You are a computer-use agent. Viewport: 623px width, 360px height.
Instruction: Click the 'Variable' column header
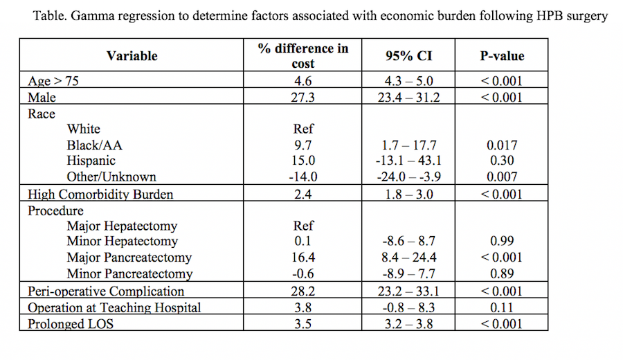[132, 56]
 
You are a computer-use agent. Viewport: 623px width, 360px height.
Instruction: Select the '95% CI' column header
[408, 56]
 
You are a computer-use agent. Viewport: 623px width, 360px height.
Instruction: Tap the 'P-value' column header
[502, 56]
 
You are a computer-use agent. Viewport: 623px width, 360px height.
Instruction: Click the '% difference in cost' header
[303, 56]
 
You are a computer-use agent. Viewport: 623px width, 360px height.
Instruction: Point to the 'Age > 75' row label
[53, 81]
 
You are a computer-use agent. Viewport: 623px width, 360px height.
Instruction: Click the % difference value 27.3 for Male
[303, 98]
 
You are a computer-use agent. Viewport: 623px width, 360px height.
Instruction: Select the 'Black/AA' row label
[95, 145]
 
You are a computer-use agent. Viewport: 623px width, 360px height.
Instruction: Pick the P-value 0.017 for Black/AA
[502, 145]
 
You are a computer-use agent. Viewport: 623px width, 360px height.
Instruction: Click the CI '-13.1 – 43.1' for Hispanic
[408, 161]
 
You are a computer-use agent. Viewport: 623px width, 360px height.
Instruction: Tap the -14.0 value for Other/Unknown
[303, 177]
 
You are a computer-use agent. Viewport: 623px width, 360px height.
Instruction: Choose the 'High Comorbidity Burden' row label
[100, 195]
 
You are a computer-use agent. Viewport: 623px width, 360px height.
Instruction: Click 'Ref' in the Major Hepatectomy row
[303, 226]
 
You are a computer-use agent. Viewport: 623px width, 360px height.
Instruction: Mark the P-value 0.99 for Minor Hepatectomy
[502, 241]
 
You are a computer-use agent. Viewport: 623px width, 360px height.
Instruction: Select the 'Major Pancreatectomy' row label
[129, 258]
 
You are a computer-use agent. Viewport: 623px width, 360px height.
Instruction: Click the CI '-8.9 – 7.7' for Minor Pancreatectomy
[408, 273]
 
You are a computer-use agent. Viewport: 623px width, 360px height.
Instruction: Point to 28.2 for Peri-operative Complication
[303, 291]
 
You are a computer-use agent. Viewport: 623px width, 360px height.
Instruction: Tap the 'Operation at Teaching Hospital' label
[114, 307]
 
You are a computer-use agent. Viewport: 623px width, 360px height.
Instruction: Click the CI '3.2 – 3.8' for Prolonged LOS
[408, 324]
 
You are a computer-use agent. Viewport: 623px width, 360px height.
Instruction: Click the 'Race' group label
[42, 114]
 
